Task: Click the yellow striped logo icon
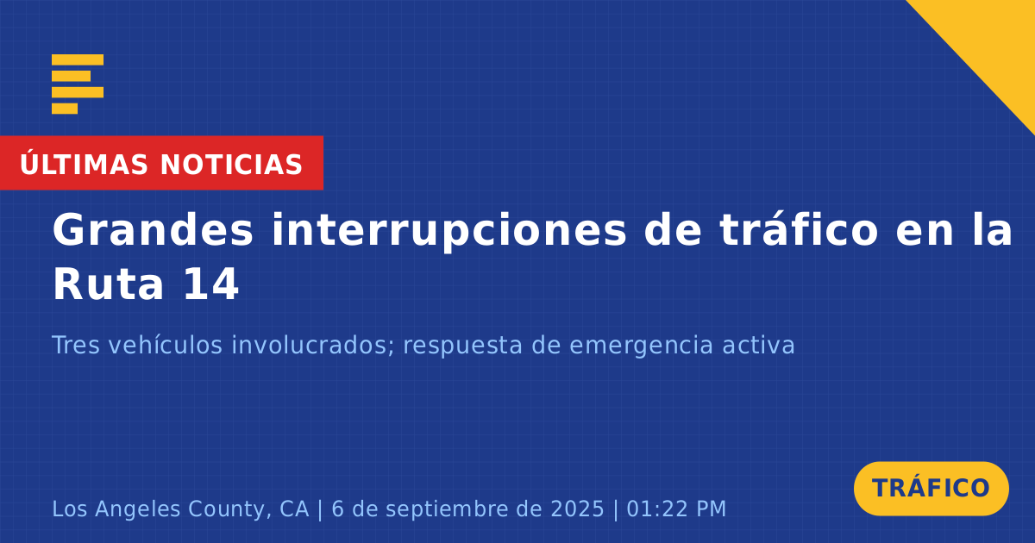[x=78, y=84]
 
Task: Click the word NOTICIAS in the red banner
[x=231, y=165]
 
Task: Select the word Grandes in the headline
[x=153, y=230]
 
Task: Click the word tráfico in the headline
[x=799, y=229]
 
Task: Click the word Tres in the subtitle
[x=76, y=345]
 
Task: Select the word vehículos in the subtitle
[x=166, y=345]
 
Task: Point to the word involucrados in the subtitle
[x=313, y=345]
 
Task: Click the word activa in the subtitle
[x=758, y=345]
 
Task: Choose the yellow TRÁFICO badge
[x=931, y=489]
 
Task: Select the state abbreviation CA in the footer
[x=294, y=509]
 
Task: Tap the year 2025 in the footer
[x=577, y=509]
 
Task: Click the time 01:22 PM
[x=676, y=509]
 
